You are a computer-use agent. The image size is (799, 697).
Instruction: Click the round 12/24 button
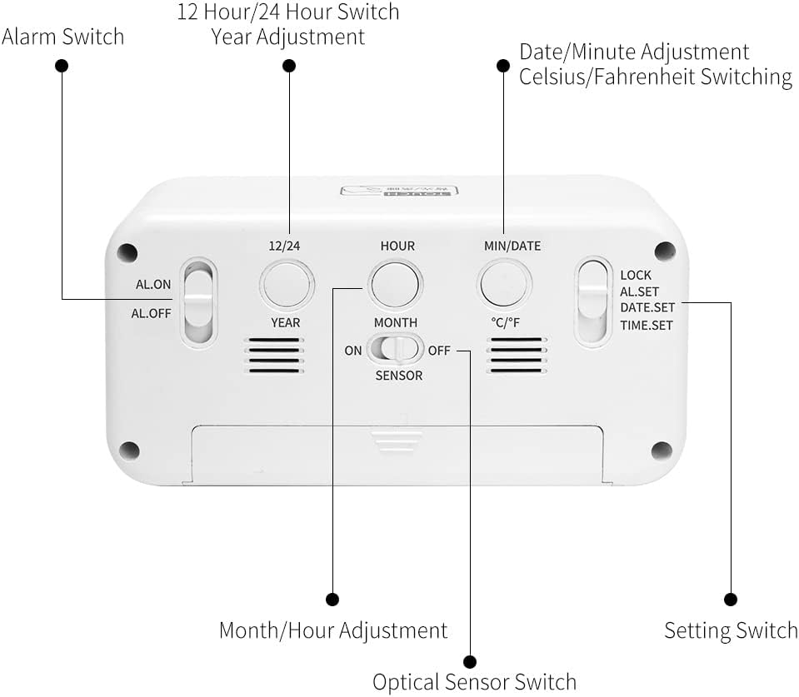pyautogui.click(x=287, y=286)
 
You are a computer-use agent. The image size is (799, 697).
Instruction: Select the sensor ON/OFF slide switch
pyautogui.click(x=397, y=349)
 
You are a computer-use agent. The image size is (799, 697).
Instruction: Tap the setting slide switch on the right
pyautogui.click(x=592, y=301)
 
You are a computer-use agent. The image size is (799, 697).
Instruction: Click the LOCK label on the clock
pyautogui.click(x=636, y=275)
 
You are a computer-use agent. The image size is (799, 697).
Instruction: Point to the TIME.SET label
pyautogui.click(x=646, y=326)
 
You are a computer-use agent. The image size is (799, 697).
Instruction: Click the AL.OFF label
pyautogui.click(x=151, y=314)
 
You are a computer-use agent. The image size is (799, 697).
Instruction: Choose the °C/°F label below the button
pyautogui.click(x=505, y=322)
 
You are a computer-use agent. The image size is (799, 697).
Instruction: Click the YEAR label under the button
pyautogui.click(x=285, y=322)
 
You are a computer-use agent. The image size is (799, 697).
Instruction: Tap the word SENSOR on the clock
pyautogui.click(x=398, y=376)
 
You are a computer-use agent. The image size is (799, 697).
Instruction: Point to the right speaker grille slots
pyautogui.click(x=517, y=356)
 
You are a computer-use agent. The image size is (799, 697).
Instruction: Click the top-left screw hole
pyautogui.click(x=127, y=252)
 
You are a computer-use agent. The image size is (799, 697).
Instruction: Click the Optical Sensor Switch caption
pyautogui.click(x=474, y=682)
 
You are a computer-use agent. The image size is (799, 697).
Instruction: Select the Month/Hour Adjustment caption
pyautogui.click(x=332, y=630)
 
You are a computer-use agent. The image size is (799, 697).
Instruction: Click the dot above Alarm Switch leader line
pyautogui.click(x=62, y=66)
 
